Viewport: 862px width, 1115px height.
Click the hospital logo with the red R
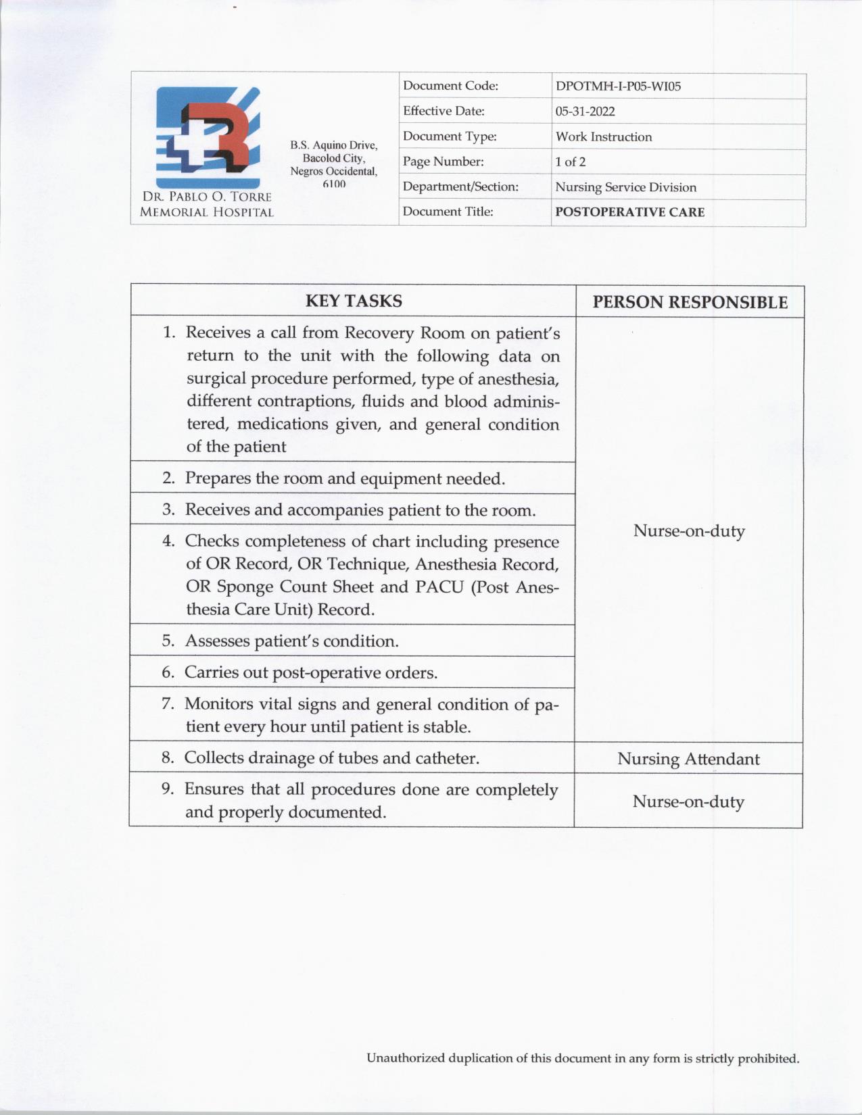[x=208, y=137]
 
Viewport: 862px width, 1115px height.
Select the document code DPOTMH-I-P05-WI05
[x=618, y=86]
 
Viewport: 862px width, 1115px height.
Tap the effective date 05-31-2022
[x=585, y=111]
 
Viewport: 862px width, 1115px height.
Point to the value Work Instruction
[x=604, y=137]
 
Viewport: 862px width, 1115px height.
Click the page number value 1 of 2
[x=570, y=162]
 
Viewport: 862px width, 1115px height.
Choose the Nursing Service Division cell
[x=625, y=187]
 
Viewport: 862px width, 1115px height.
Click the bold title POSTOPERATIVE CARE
[x=629, y=212]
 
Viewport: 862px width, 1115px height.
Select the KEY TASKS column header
[x=354, y=301]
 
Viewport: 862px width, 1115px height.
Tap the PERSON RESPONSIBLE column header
[x=690, y=302]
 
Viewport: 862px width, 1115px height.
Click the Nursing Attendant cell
[x=688, y=759]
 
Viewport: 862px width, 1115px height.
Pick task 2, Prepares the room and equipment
[x=345, y=478]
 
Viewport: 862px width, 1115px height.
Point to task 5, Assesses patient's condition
[x=291, y=641]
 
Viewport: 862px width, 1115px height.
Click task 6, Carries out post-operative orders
[x=311, y=672]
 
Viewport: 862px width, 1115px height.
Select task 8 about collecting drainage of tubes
[x=331, y=758]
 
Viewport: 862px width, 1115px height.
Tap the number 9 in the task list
[x=167, y=789]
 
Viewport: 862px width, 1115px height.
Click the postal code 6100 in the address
[x=334, y=184]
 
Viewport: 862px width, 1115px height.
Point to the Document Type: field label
[x=450, y=137]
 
